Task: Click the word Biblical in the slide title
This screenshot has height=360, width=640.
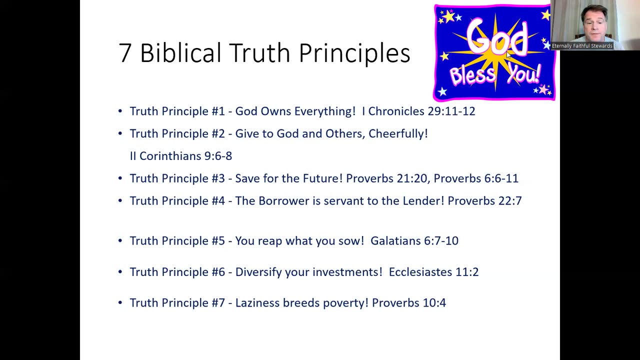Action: [x=180, y=53]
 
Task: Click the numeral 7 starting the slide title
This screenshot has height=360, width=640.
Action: [x=125, y=53]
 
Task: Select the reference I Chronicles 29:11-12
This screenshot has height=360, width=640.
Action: [x=418, y=111]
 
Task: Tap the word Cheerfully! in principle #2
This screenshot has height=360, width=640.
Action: [x=398, y=133]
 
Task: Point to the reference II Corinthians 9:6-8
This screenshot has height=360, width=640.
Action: [x=181, y=156]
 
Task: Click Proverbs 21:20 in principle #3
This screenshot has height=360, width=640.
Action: [x=386, y=178]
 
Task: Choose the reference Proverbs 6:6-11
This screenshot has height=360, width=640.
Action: [x=476, y=178]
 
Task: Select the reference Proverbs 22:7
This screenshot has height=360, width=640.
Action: [x=484, y=201]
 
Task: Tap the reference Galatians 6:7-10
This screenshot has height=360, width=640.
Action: [x=414, y=241]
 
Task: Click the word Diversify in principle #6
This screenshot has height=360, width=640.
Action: [x=258, y=272]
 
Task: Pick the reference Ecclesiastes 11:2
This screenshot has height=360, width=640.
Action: [x=433, y=272]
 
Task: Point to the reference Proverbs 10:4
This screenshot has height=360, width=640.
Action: [x=409, y=303]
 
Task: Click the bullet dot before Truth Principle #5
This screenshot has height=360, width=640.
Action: [x=120, y=241]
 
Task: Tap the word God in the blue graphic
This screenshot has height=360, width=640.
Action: [x=497, y=36]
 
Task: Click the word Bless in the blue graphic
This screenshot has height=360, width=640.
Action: [x=472, y=75]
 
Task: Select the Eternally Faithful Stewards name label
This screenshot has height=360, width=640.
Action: [x=581, y=45]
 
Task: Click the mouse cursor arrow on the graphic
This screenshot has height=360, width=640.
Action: [x=508, y=55]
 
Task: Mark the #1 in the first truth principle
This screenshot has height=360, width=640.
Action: [x=218, y=111]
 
